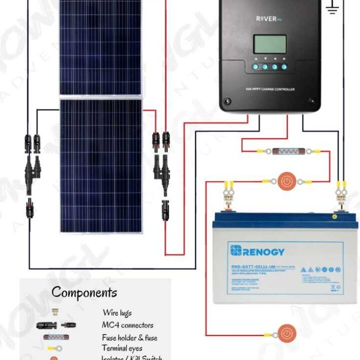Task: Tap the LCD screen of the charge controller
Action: pyautogui.click(x=270, y=44)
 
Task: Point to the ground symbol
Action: pyautogui.click(x=332, y=7)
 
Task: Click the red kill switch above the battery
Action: pyautogui.click(x=286, y=181)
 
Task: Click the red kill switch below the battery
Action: pyautogui.click(x=286, y=333)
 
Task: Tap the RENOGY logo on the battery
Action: pyautogui.click(x=257, y=250)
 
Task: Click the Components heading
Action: pyautogui.click(x=84, y=292)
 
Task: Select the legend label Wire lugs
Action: pyautogui.click(x=117, y=313)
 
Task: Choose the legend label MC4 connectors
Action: pyautogui.click(x=127, y=325)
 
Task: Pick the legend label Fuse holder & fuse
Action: pyautogui.click(x=129, y=337)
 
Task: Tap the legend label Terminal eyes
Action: pyautogui.click(x=122, y=348)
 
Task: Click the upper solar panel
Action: pyautogui.click(x=100, y=47)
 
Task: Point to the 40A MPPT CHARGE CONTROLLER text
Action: pyautogui.click(x=270, y=89)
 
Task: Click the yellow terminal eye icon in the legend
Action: pyautogui.click(x=54, y=348)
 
